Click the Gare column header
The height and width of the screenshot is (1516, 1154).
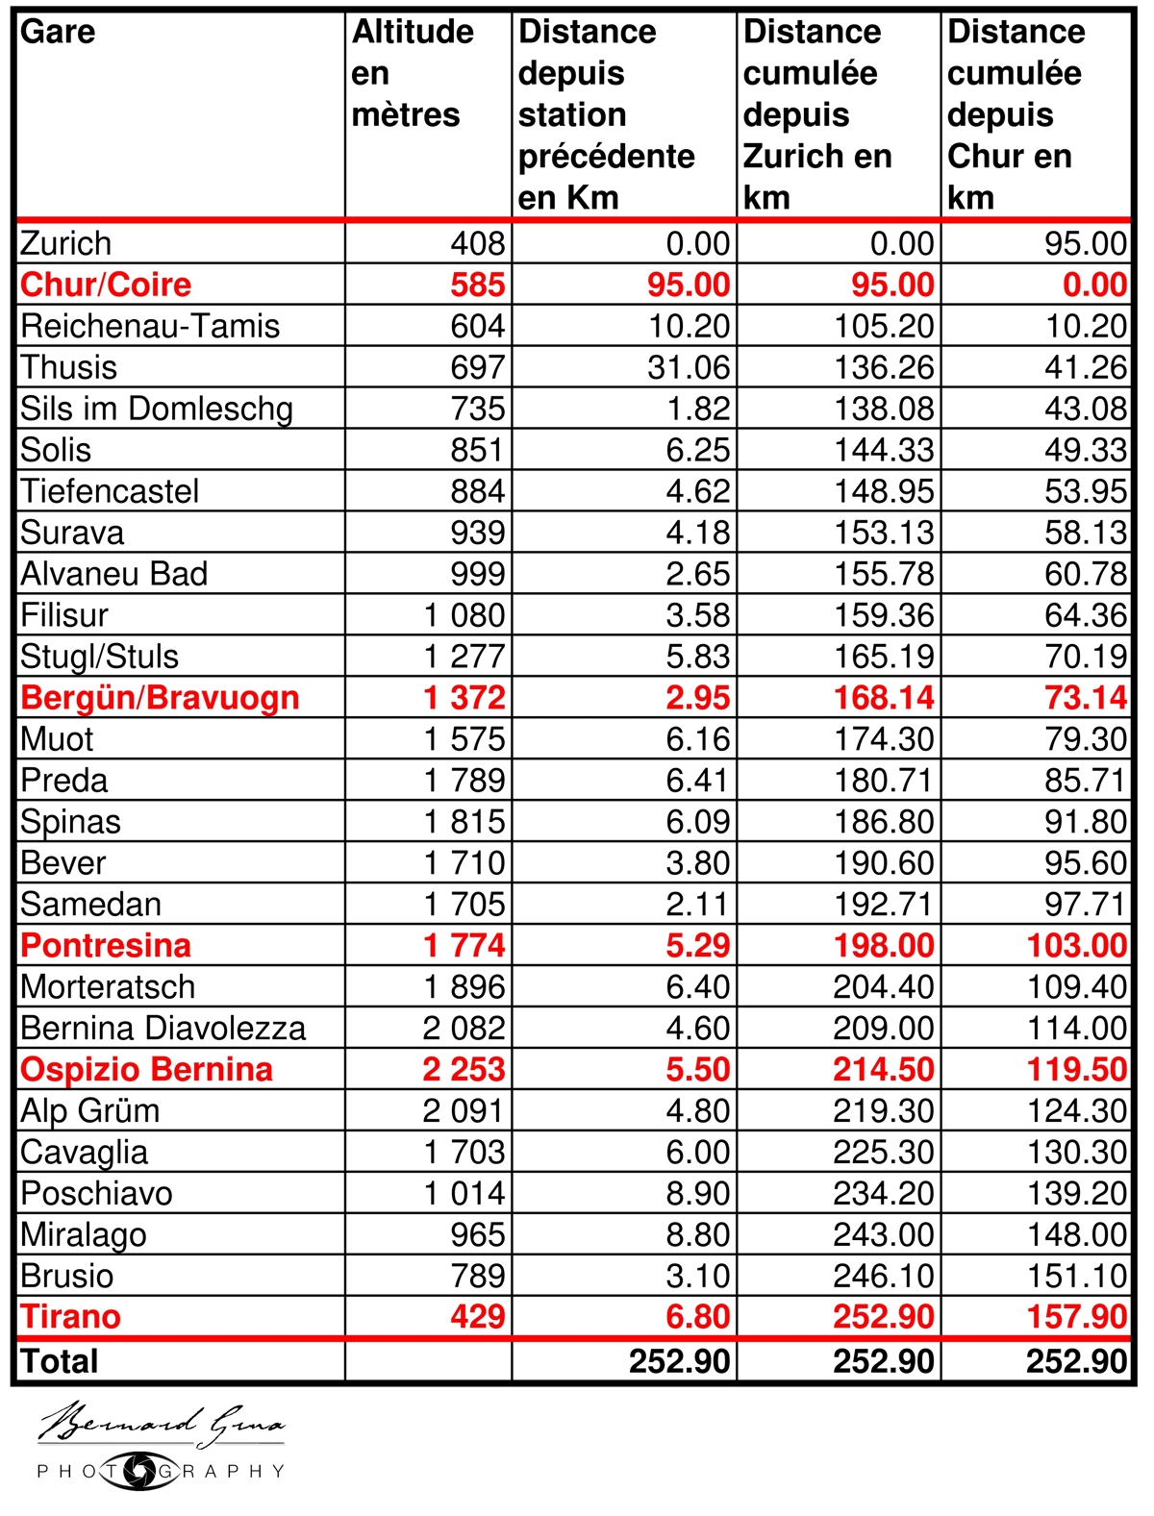click(x=58, y=32)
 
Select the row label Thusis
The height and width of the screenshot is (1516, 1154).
click(x=68, y=367)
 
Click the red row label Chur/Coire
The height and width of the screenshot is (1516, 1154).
click(x=106, y=285)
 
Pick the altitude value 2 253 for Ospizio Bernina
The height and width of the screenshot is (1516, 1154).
click(x=464, y=1069)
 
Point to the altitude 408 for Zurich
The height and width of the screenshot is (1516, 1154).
click(x=478, y=243)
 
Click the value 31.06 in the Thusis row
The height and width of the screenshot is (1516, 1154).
click(x=690, y=367)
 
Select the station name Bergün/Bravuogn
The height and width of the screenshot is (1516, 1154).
click(x=160, y=698)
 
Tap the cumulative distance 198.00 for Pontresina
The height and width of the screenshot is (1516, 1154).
click(x=884, y=946)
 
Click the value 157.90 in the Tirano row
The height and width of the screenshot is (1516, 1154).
click(x=1076, y=1317)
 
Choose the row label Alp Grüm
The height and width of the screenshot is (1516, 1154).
click(x=90, y=1111)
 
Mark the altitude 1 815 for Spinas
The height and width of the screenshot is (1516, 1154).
click(x=464, y=822)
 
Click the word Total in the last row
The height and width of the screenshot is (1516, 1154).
click(x=60, y=1361)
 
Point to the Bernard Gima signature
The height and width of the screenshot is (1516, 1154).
click(x=161, y=1424)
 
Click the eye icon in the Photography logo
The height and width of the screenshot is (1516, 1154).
click(x=140, y=1471)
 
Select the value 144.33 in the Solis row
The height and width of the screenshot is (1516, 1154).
click(x=884, y=450)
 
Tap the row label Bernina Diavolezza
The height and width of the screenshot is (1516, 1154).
click(x=163, y=1029)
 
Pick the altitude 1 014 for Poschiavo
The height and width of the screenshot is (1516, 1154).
click(x=464, y=1193)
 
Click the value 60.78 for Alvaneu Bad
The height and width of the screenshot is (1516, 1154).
click(x=1086, y=574)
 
